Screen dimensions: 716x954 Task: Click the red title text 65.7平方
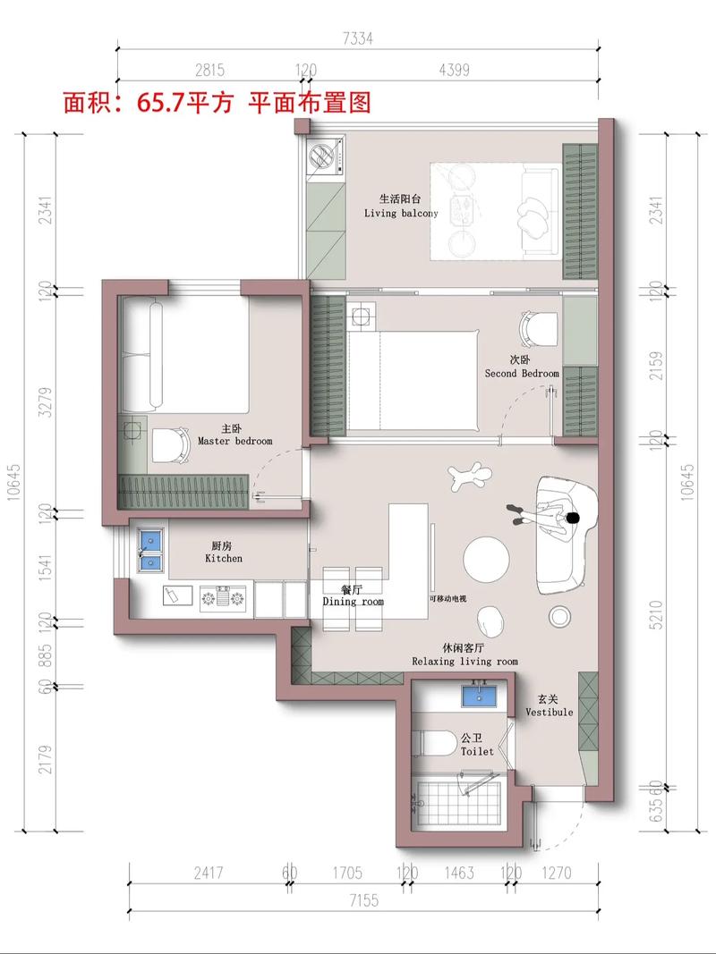185,102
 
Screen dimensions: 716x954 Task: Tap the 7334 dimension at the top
357,39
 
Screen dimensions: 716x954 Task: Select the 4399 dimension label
454,70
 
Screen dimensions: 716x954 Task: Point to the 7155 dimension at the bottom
363,899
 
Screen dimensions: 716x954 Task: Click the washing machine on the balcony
325,158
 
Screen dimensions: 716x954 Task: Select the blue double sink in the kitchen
150,551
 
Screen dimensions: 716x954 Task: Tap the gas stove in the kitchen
223,599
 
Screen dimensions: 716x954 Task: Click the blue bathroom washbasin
479,696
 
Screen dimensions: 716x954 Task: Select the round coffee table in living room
487,559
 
